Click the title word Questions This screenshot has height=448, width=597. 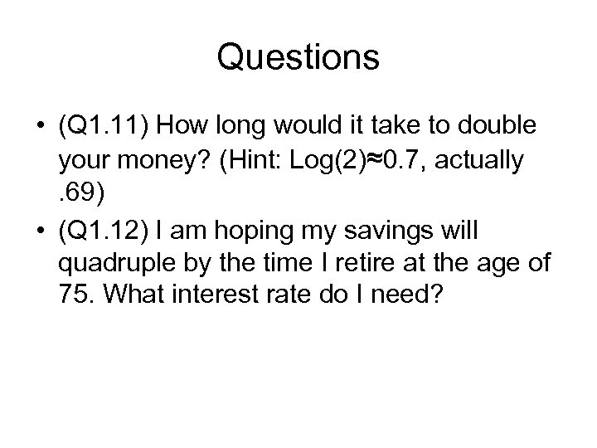[x=298, y=57]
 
